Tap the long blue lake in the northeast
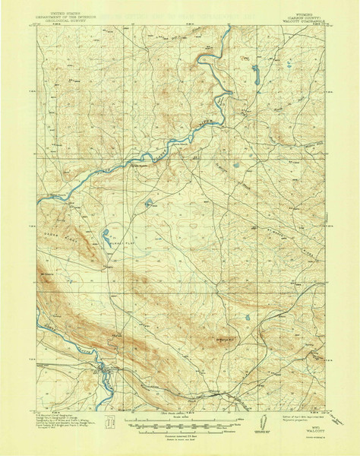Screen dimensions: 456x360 (x=256, y=74)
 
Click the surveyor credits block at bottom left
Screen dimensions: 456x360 (x=65, y=423)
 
